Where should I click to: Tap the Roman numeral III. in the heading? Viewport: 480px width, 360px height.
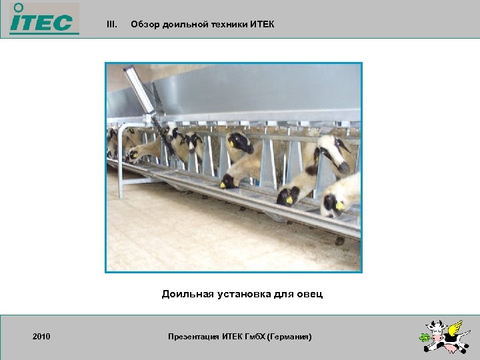click(x=112, y=25)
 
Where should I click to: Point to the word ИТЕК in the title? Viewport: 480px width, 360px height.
click(x=262, y=25)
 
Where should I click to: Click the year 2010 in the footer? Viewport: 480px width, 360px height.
click(x=41, y=337)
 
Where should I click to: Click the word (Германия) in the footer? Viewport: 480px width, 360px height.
click(x=289, y=337)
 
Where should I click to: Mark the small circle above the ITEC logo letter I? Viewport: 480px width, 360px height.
click(x=18, y=7)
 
